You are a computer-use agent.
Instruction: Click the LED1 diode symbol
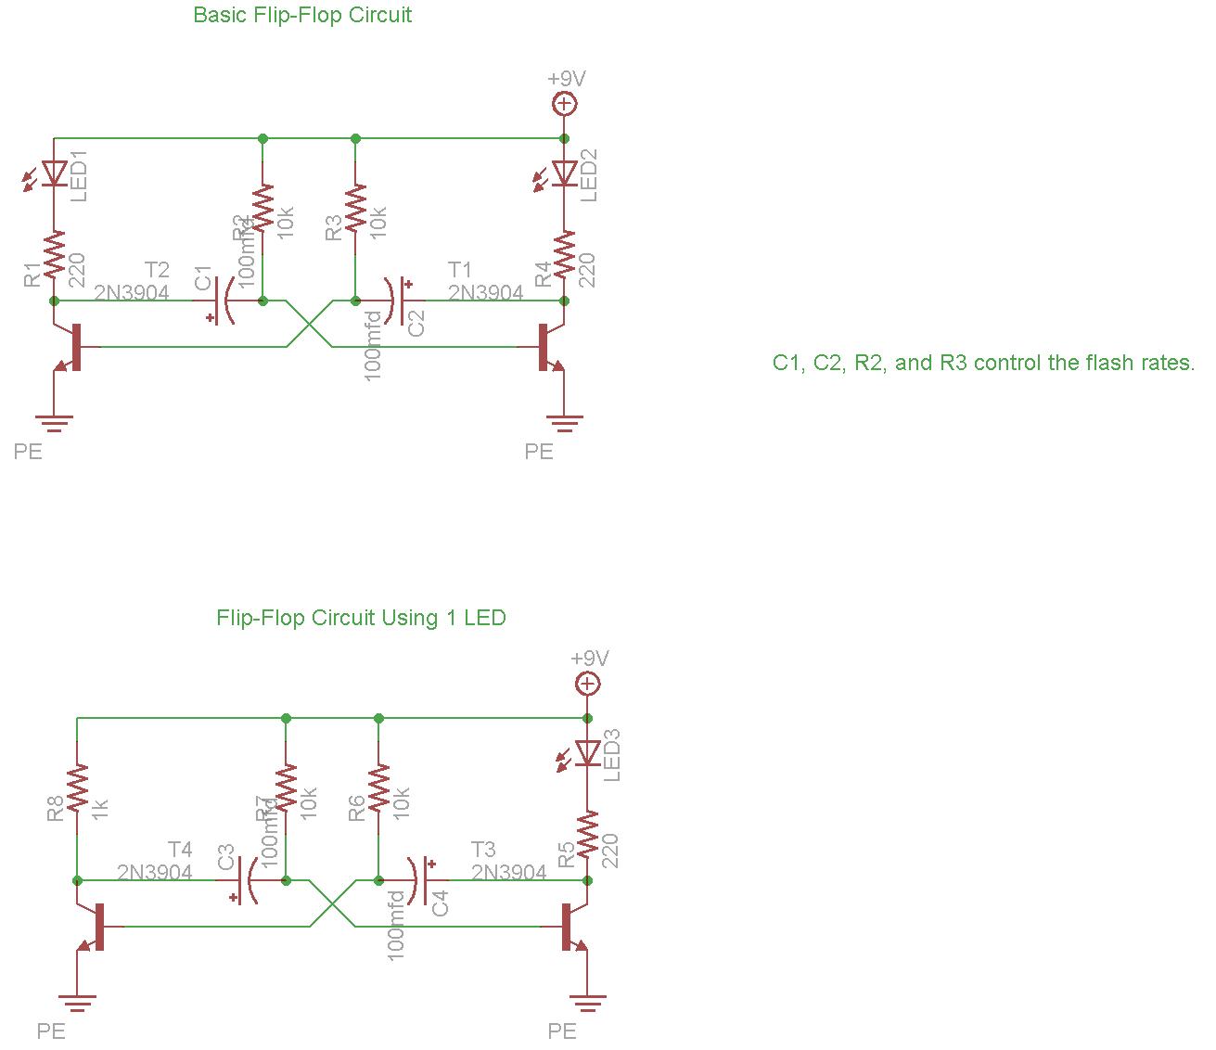click(x=54, y=173)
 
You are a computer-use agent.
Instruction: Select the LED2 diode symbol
click(x=564, y=173)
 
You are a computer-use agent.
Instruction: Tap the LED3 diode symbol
click(x=586, y=753)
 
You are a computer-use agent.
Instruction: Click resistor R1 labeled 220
click(x=54, y=254)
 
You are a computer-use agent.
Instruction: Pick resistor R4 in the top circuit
click(x=564, y=254)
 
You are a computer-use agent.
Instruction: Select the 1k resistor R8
click(x=77, y=787)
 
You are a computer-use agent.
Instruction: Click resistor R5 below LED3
click(x=586, y=834)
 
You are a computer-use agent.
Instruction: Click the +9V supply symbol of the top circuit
click(x=564, y=103)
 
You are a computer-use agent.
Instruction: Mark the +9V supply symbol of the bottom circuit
click(x=587, y=684)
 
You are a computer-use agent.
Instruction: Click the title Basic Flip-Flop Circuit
click(x=302, y=15)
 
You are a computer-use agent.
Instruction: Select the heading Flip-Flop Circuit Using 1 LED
click(x=361, y=618)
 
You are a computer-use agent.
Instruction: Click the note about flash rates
click(x=983, y=363)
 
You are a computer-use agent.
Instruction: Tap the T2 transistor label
click(x=157, y=270)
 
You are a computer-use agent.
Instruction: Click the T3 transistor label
click(x=483, y=850)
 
